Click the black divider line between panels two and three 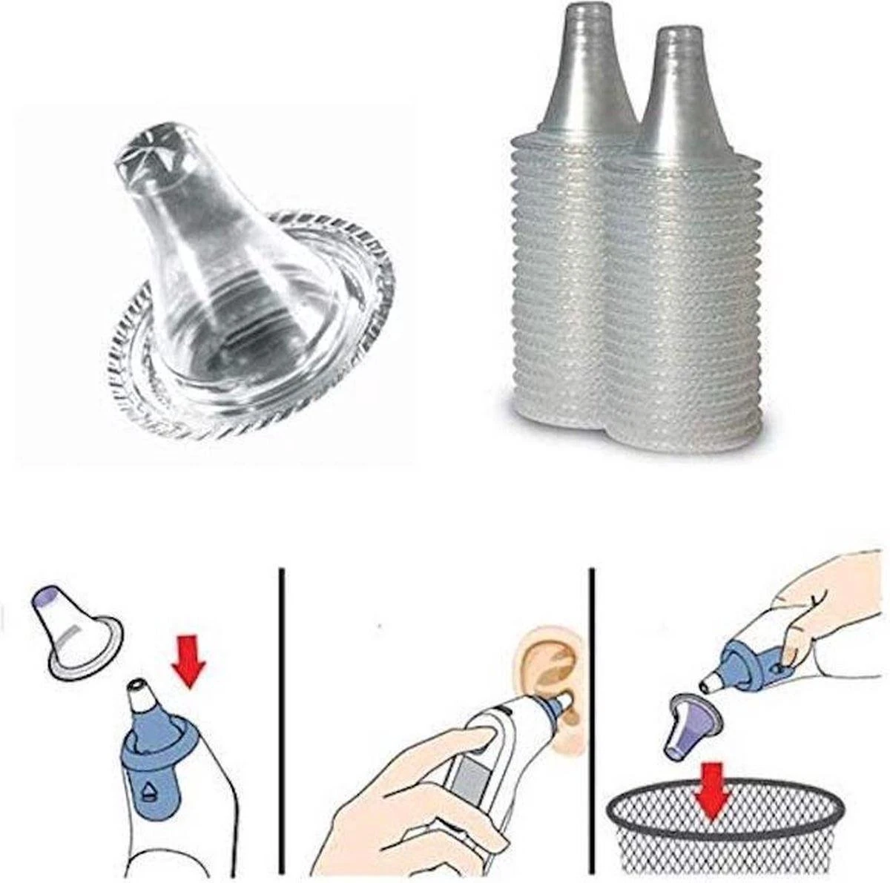coord(591,719)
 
